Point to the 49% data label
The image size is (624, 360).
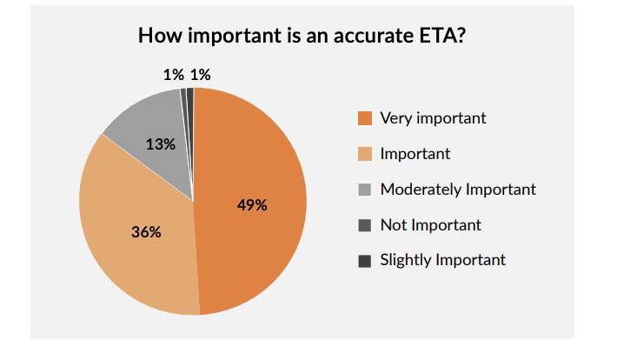coord(252,205)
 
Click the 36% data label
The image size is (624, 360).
coord(146,232)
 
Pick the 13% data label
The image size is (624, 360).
coord(160,144)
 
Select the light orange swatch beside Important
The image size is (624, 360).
coord(365,154)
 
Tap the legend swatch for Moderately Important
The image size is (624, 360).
coord(365,190)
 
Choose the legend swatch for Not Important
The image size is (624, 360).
coord(365,225)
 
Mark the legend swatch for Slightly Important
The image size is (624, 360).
coord(365,260)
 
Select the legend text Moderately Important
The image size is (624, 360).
coord(458,190)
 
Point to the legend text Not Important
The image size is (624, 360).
coord(430,225)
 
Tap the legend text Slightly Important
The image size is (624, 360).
coord(442,260)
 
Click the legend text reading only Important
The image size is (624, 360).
coord(415,154)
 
